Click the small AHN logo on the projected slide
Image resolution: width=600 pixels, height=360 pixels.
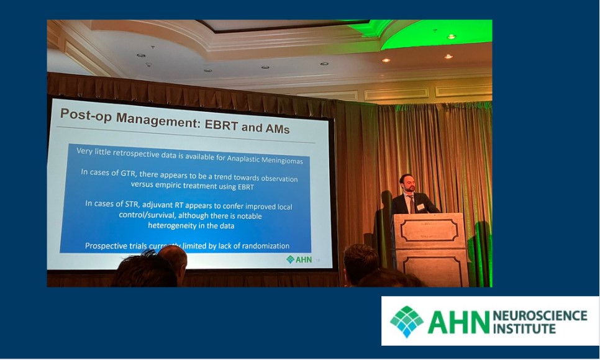pos(299,259)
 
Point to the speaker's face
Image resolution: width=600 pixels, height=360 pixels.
pos(407,184)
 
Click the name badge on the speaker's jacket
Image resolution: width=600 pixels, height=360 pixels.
pos(420,206)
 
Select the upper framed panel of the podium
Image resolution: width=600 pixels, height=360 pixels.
pos(429,229)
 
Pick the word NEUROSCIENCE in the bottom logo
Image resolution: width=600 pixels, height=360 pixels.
pos(539,315)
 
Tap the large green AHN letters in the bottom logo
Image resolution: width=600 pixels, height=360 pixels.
pos(457,322)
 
